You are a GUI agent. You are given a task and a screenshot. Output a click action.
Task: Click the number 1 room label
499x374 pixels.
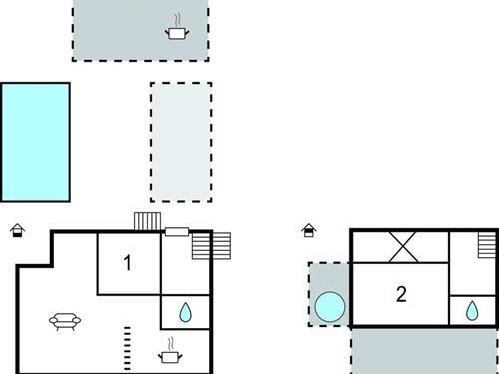click(x=127, y=263)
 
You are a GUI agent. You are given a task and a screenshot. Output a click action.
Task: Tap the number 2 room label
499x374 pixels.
click(x=401, y=294)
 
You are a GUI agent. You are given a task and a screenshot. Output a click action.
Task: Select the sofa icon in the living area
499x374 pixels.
click(x=65, y=320)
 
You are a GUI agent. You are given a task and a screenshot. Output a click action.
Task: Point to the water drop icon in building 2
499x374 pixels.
click(x=471, y=312)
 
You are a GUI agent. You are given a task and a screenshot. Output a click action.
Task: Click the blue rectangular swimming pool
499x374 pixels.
click(x=36, y=142)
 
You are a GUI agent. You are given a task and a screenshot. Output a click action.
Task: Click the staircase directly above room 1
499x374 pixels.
click(x=147, y=221)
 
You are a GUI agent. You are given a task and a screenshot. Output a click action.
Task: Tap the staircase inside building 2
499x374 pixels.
click(x=486, y=244)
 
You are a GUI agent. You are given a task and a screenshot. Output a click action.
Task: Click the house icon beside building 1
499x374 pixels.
click(x=17, y=231)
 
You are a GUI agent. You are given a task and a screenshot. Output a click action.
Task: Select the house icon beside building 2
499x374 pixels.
click(x=310, y=231)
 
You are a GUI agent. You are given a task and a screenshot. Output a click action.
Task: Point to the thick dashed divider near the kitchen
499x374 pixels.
click(x=126, y=346)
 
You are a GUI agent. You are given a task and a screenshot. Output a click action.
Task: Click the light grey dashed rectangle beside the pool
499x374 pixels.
click(x=181, y=142)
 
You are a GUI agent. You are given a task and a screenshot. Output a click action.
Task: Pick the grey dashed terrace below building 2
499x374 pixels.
click(x=423, y=350)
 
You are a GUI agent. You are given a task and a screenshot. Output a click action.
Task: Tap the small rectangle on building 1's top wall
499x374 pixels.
click(x=176, y=232)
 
